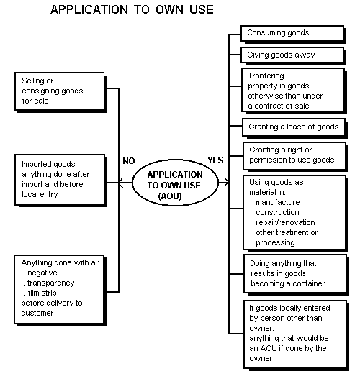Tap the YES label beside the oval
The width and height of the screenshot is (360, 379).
coord(215,160)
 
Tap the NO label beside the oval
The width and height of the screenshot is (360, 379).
coord(128,161)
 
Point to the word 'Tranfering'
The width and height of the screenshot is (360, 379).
coord(266,76)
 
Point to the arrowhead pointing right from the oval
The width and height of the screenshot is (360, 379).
coord(226,182)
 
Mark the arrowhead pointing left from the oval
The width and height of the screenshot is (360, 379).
coord(121,183)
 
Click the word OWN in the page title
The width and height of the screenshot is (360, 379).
coord(169,9)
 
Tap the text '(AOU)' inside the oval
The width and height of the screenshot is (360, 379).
coord(170,196)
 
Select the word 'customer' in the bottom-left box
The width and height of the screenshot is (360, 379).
coord(37,313)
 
